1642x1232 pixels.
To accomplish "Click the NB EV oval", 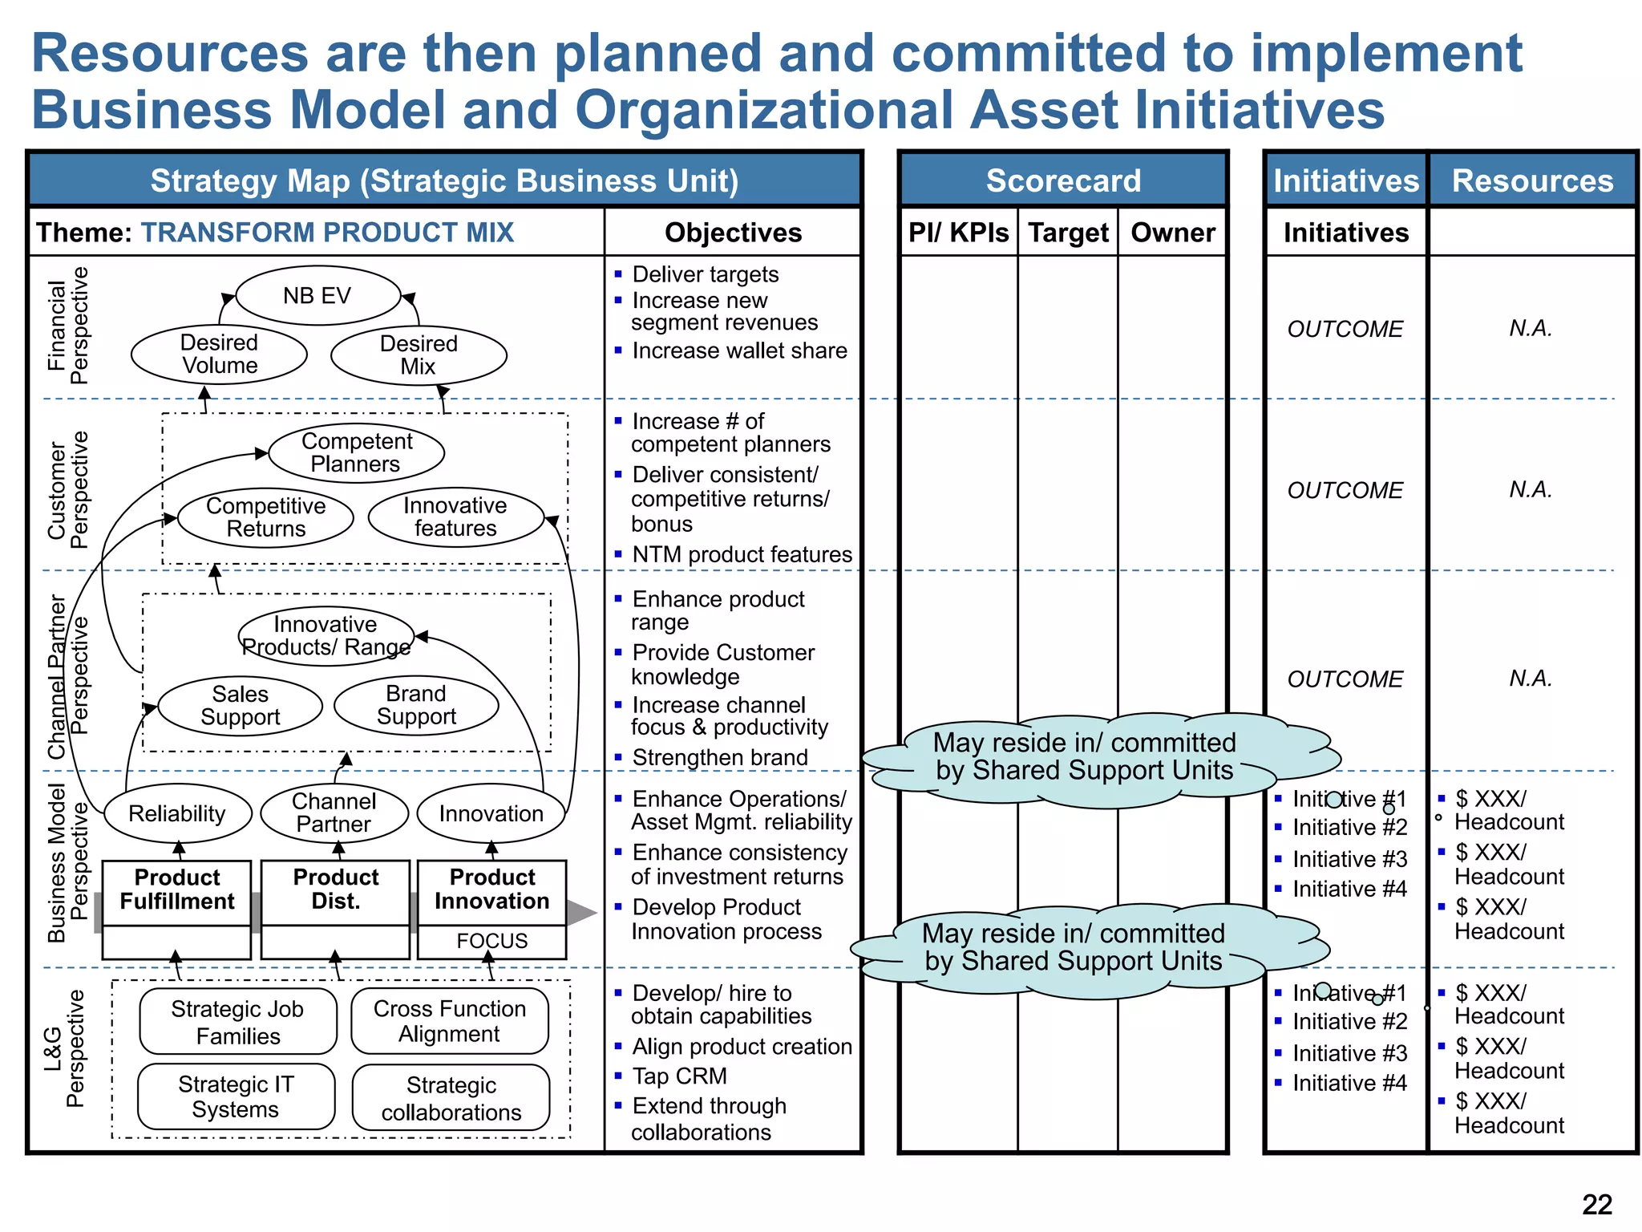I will tap(317, 296).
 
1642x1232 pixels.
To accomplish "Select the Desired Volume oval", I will tap(219, 355).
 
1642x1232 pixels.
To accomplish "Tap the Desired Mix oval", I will tap(419, 355).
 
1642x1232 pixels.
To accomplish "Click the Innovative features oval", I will tap(455, 517).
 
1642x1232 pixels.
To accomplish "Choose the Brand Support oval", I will tap(416, 706).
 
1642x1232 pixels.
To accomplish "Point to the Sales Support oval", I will tap(241, 706).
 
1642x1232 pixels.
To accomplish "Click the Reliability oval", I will tap(177, 814).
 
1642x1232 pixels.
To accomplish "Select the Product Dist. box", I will tap(335, 890).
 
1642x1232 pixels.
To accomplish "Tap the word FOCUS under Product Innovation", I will tap(491, 941).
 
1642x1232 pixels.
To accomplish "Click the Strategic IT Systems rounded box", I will tap(236, 1097).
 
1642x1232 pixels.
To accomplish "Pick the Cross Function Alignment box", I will tap(450, 1021).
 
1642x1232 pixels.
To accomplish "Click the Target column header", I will tap(1068, 233).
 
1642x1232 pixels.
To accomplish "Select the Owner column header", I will tap(1173, 233).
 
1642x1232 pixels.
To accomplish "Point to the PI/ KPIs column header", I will tap(959, 233).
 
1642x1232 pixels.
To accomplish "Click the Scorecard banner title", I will tap(1063, 180).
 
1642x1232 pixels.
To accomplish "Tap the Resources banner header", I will tap(1532, 180).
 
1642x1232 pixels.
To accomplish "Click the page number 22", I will tap(1596, 1205).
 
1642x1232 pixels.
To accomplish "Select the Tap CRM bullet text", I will tap(679, 1076).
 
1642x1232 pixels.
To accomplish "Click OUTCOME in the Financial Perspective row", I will tap(1345, 329).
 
